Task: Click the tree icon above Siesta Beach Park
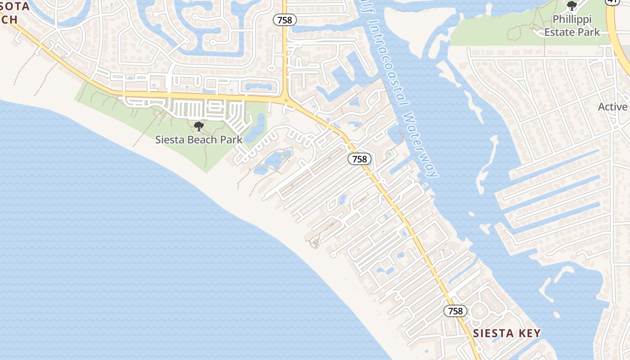[x=198, y=126]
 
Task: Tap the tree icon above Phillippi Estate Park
[x=572, y=6]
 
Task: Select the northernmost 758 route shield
[x=284, y=20]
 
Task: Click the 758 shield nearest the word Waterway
[x=359, y=159]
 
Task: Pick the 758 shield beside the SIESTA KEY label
[x=455, y=311]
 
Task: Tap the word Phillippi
[x=572, y=20]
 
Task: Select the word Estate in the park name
[x=559, y=32]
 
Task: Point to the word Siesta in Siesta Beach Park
[x=170, y=139]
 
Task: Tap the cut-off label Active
[x=613, y=107]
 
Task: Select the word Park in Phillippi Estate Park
[x=589, y=32]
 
